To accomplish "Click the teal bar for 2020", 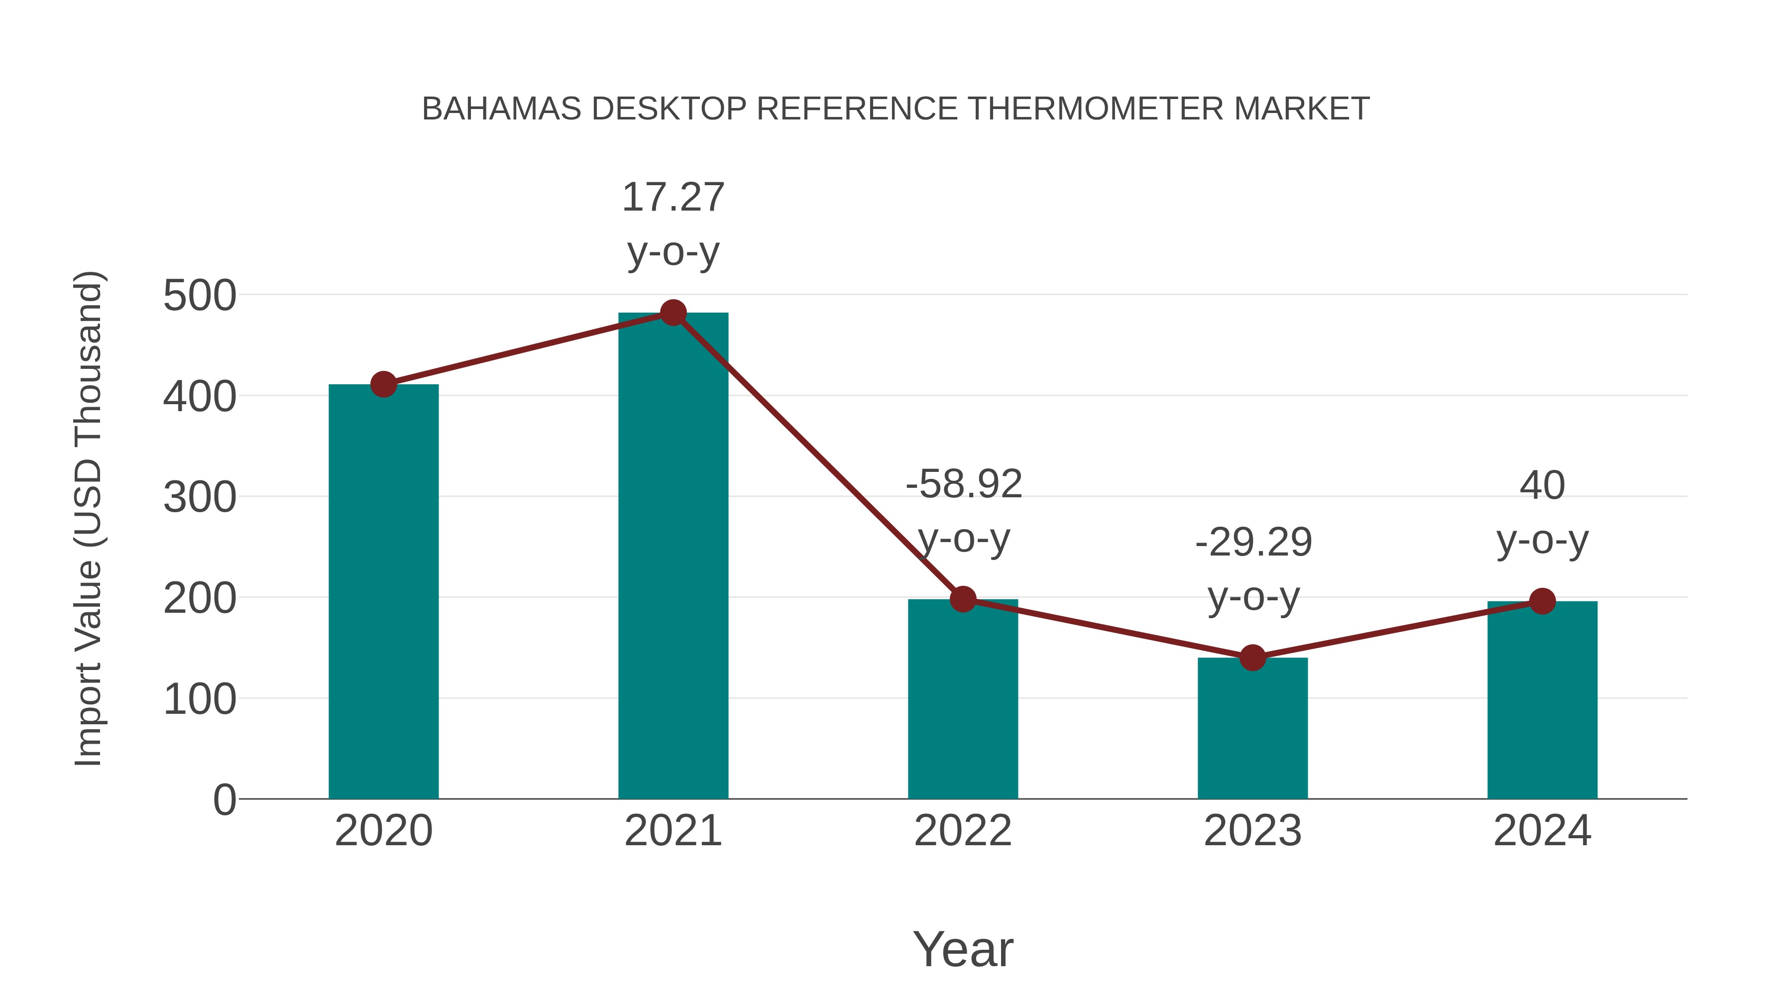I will pyautogui.click(x=383, y=591).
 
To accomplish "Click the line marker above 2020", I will pyautogui.click(x=383, y=384).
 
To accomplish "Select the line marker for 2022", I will pyautogui.click(x=963, y=599).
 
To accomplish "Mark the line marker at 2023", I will pyautogui.click(x=1252, y=658).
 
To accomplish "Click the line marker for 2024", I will pyautogui.click(x=1542, y=601).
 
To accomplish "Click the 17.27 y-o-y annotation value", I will pyautogui.click(x=672, y=198).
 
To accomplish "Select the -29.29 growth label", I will pyautogui.click(x=1253, y=543).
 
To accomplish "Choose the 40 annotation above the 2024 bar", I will pyautogui.click(x=1542, y=485).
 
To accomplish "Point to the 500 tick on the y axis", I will pyautogui.click(x=200, y=296).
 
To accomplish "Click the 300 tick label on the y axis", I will pyautogui.click(x=200, y=497).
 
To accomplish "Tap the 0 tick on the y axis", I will pyautogui.click(x=224, y=800).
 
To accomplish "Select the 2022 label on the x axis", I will pyautogui.click(x=963, y=831).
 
